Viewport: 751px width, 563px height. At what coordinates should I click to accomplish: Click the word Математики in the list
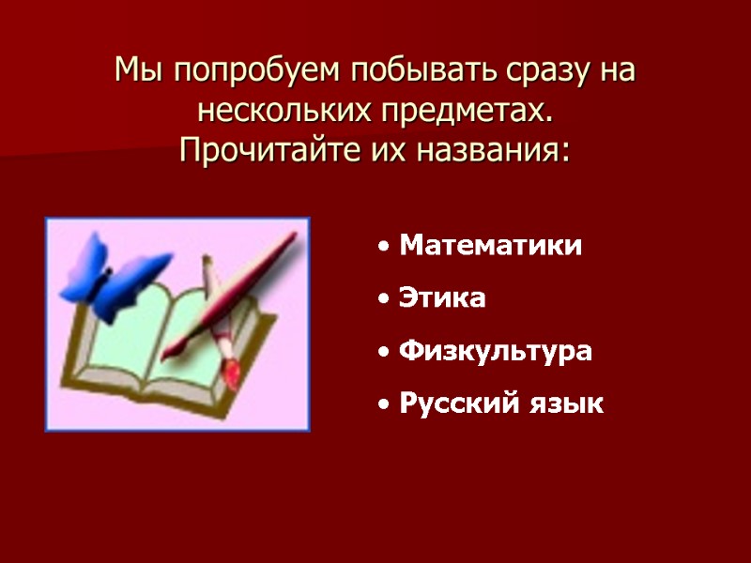[490, 246]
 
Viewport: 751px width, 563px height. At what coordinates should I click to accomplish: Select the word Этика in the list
[442, 298]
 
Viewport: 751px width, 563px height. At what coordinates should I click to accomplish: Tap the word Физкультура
[496, 352]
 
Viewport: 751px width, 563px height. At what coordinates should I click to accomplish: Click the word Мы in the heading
[131, 70]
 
